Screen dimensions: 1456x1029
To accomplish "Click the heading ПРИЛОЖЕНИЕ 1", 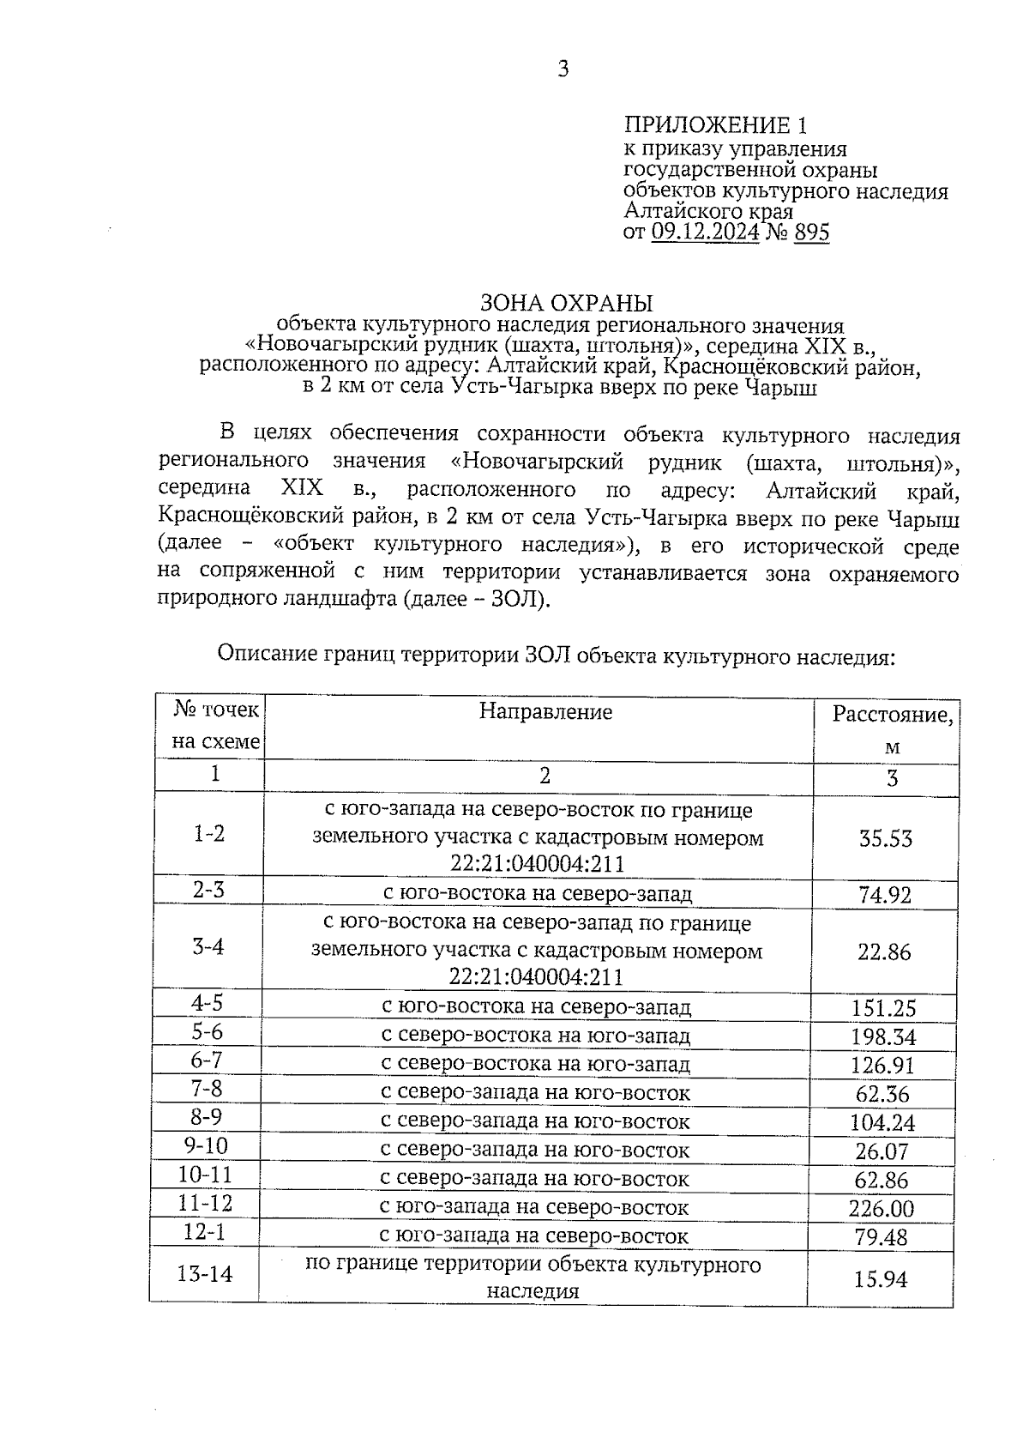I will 715,126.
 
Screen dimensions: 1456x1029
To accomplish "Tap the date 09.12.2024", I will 705,232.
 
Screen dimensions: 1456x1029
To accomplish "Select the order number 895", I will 811,232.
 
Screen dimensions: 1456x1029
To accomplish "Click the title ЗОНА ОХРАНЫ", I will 566,304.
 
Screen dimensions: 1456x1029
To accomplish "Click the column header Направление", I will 545,711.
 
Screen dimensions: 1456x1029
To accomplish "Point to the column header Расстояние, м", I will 892,729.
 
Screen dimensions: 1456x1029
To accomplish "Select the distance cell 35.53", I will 885,838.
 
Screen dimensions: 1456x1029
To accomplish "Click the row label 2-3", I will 208,890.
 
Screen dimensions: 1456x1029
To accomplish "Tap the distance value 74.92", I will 885,895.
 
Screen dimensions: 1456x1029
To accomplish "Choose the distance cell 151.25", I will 883,1009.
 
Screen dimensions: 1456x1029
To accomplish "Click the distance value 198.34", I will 883,1037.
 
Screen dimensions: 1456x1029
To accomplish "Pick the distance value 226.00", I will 882,1209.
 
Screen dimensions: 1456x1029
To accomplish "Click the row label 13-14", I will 205,1274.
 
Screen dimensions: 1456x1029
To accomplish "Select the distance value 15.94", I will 880,1279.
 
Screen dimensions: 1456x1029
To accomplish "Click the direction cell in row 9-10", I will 535,1150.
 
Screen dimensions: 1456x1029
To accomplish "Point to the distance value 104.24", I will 882,1123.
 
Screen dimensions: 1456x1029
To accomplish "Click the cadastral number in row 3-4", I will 536,977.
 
